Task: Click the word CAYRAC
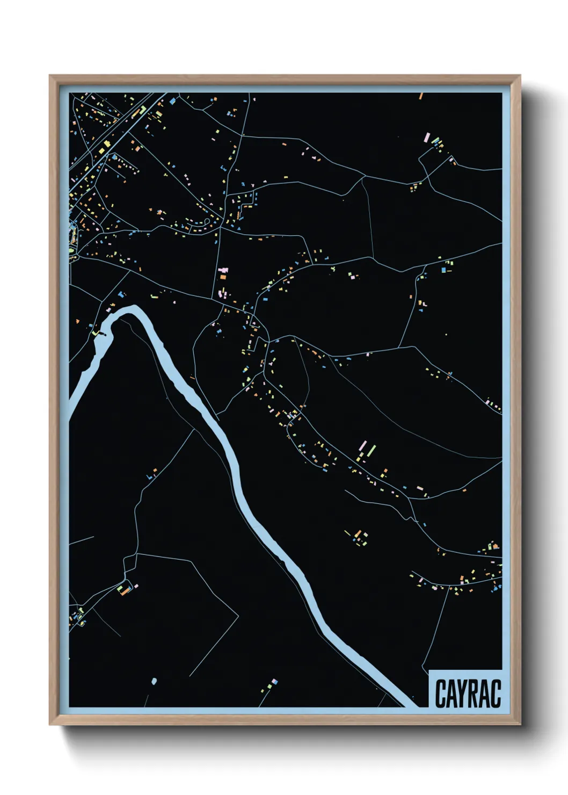click(x=467, y=693)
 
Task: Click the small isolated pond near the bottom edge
click(x=154, y=681)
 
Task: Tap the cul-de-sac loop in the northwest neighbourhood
click(x=207, y=223)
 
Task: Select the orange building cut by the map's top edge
click(x=421, y=97)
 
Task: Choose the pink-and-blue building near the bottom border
click(x=275, y=682)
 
